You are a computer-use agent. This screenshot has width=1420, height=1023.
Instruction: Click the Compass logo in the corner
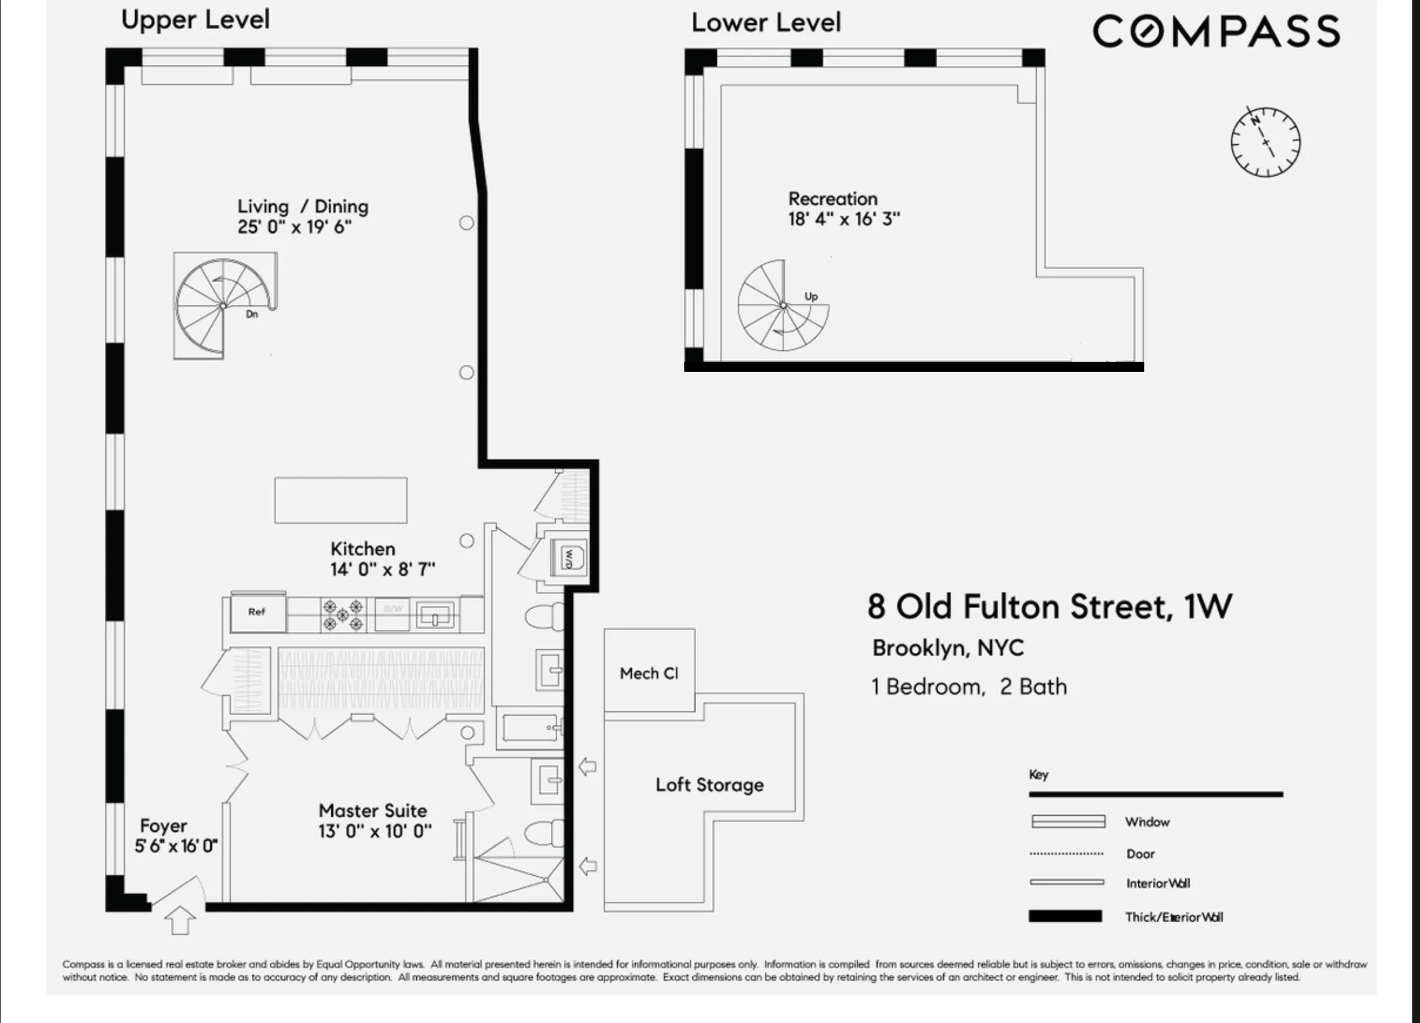(x=1216, y=31)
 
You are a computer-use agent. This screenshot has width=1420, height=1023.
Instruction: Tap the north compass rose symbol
(x=1265, y=142)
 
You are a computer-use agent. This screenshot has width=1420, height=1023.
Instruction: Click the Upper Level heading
(x=195, y=20)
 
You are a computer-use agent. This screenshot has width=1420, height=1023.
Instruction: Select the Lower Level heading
(x=766, y=23)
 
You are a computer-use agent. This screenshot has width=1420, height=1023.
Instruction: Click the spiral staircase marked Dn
(x=223, y=306)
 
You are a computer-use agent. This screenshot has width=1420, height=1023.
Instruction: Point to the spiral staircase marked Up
(x=783, y=305)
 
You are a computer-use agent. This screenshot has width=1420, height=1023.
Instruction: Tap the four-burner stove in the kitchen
(x=343, y=614)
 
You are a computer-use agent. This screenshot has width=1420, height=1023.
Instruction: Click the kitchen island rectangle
(x=341, y=500)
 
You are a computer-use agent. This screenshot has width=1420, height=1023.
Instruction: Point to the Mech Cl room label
(x=649, y=673)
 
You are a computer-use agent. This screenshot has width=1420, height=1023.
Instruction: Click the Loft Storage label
(x=709, y=785)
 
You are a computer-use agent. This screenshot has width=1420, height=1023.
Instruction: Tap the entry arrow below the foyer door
(x=180, y=920)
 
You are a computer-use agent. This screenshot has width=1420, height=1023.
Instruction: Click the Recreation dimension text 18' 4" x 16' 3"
(x=844, y=220)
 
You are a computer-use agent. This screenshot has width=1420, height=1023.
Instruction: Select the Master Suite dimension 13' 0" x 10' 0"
(x=375, y=831)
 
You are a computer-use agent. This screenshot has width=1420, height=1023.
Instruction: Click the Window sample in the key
(x=1068, y=822)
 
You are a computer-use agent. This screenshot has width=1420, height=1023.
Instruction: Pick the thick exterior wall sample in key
(x=1065, y=916)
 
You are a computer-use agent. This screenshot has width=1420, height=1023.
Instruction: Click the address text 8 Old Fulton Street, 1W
(x=1049, y=607)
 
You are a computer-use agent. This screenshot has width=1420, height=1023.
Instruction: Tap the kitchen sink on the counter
(x=435, y=615)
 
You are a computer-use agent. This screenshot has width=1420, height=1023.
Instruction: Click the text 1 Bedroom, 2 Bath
(x=970, y=687)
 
